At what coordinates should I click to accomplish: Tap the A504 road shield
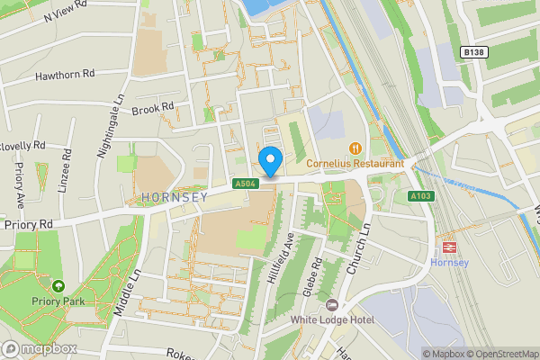241,184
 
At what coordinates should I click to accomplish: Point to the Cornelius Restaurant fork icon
355,148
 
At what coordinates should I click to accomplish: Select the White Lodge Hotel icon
331,304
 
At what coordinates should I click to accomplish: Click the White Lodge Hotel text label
331,319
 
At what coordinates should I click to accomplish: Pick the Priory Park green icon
58,286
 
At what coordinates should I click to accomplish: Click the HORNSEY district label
174,196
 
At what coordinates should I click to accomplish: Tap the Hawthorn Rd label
64,76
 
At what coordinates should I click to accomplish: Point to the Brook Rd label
152,109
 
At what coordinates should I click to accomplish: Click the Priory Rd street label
30,223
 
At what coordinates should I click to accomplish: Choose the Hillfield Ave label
286,258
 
